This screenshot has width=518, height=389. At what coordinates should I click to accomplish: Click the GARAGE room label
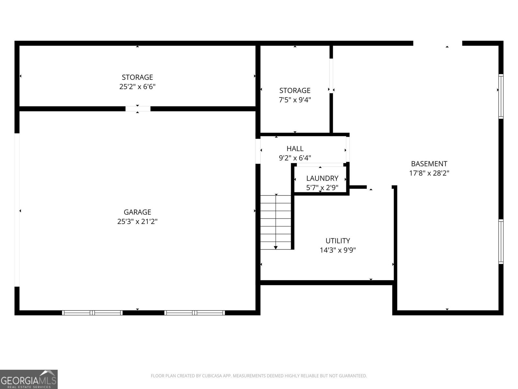point(137,212)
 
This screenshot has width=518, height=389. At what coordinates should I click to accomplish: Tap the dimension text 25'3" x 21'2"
point(137,222)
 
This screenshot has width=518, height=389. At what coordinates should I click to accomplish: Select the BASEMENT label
point(429,164)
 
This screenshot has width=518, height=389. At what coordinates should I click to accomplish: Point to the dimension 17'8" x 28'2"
point(429,173)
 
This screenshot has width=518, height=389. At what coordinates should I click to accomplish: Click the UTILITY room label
point(338,241)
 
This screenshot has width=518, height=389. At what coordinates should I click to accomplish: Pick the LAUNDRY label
point(322,178)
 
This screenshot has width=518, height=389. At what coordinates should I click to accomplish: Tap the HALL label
point(295,148)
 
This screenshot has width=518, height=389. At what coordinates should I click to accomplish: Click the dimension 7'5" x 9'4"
point(295,100)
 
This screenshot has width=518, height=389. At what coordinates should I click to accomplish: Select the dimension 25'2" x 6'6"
point(137,87)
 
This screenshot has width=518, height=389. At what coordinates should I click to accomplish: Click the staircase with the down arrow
point(276,222)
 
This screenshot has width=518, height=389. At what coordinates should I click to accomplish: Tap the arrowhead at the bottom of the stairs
point(276,248)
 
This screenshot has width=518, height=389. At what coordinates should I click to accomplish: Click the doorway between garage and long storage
point(138,109)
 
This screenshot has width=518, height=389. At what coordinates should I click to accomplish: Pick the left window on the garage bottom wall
point(92,313)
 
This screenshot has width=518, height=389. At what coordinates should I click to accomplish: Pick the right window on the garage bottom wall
point(195,313)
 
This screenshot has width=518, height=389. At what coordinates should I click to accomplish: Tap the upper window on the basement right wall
point(501,96)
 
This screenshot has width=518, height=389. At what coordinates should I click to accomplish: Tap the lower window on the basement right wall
point(501,242)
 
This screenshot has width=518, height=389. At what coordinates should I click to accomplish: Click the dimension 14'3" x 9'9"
point(338,250)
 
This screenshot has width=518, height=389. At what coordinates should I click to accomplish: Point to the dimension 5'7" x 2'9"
point(322,188)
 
